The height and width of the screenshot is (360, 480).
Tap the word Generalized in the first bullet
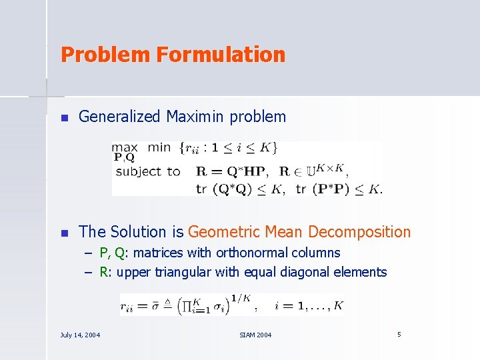[x=120, y=117]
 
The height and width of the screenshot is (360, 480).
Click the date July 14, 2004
[x=80, y=335]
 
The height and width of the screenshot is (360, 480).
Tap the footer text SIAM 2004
[x=255, y=335]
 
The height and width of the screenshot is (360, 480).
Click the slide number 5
[x=399, y=334]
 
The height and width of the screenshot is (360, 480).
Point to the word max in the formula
[x=125, y=147]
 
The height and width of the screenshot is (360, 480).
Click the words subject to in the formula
[x=148, y=171]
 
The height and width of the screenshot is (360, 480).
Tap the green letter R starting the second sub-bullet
[x=103, y=272]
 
